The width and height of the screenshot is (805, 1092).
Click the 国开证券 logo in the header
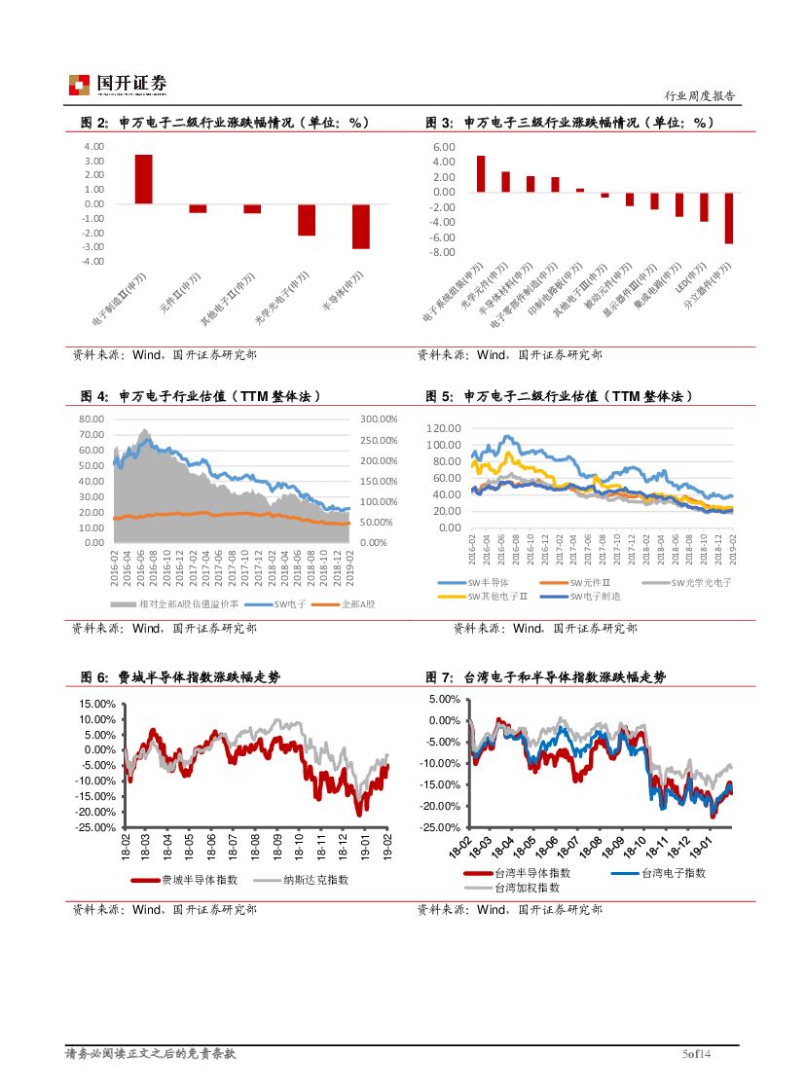click(x=117, y=85)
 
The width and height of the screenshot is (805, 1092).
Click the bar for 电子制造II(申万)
click(x=143, y=179)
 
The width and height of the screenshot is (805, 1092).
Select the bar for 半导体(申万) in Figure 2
click(x=360, y=226)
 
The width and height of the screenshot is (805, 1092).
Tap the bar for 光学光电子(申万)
click(x=307, y=220)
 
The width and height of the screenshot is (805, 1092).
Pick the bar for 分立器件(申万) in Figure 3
click(x=728, y=217)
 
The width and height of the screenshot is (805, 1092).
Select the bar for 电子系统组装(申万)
click(x=481, y=173)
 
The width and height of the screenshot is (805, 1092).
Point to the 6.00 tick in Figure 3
click(x=443, y=147)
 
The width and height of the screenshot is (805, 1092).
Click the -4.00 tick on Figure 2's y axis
click(x=93, y=261)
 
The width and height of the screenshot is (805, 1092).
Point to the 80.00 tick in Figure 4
click(x=91, y=419)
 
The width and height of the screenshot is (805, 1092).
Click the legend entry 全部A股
click(x=357, y=604)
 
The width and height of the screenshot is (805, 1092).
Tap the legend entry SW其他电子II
click(x=497, y=596)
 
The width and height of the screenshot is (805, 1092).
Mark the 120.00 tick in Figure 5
click(x=444, y=428)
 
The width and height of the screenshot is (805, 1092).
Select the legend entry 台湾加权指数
click(x=527, y=887)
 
